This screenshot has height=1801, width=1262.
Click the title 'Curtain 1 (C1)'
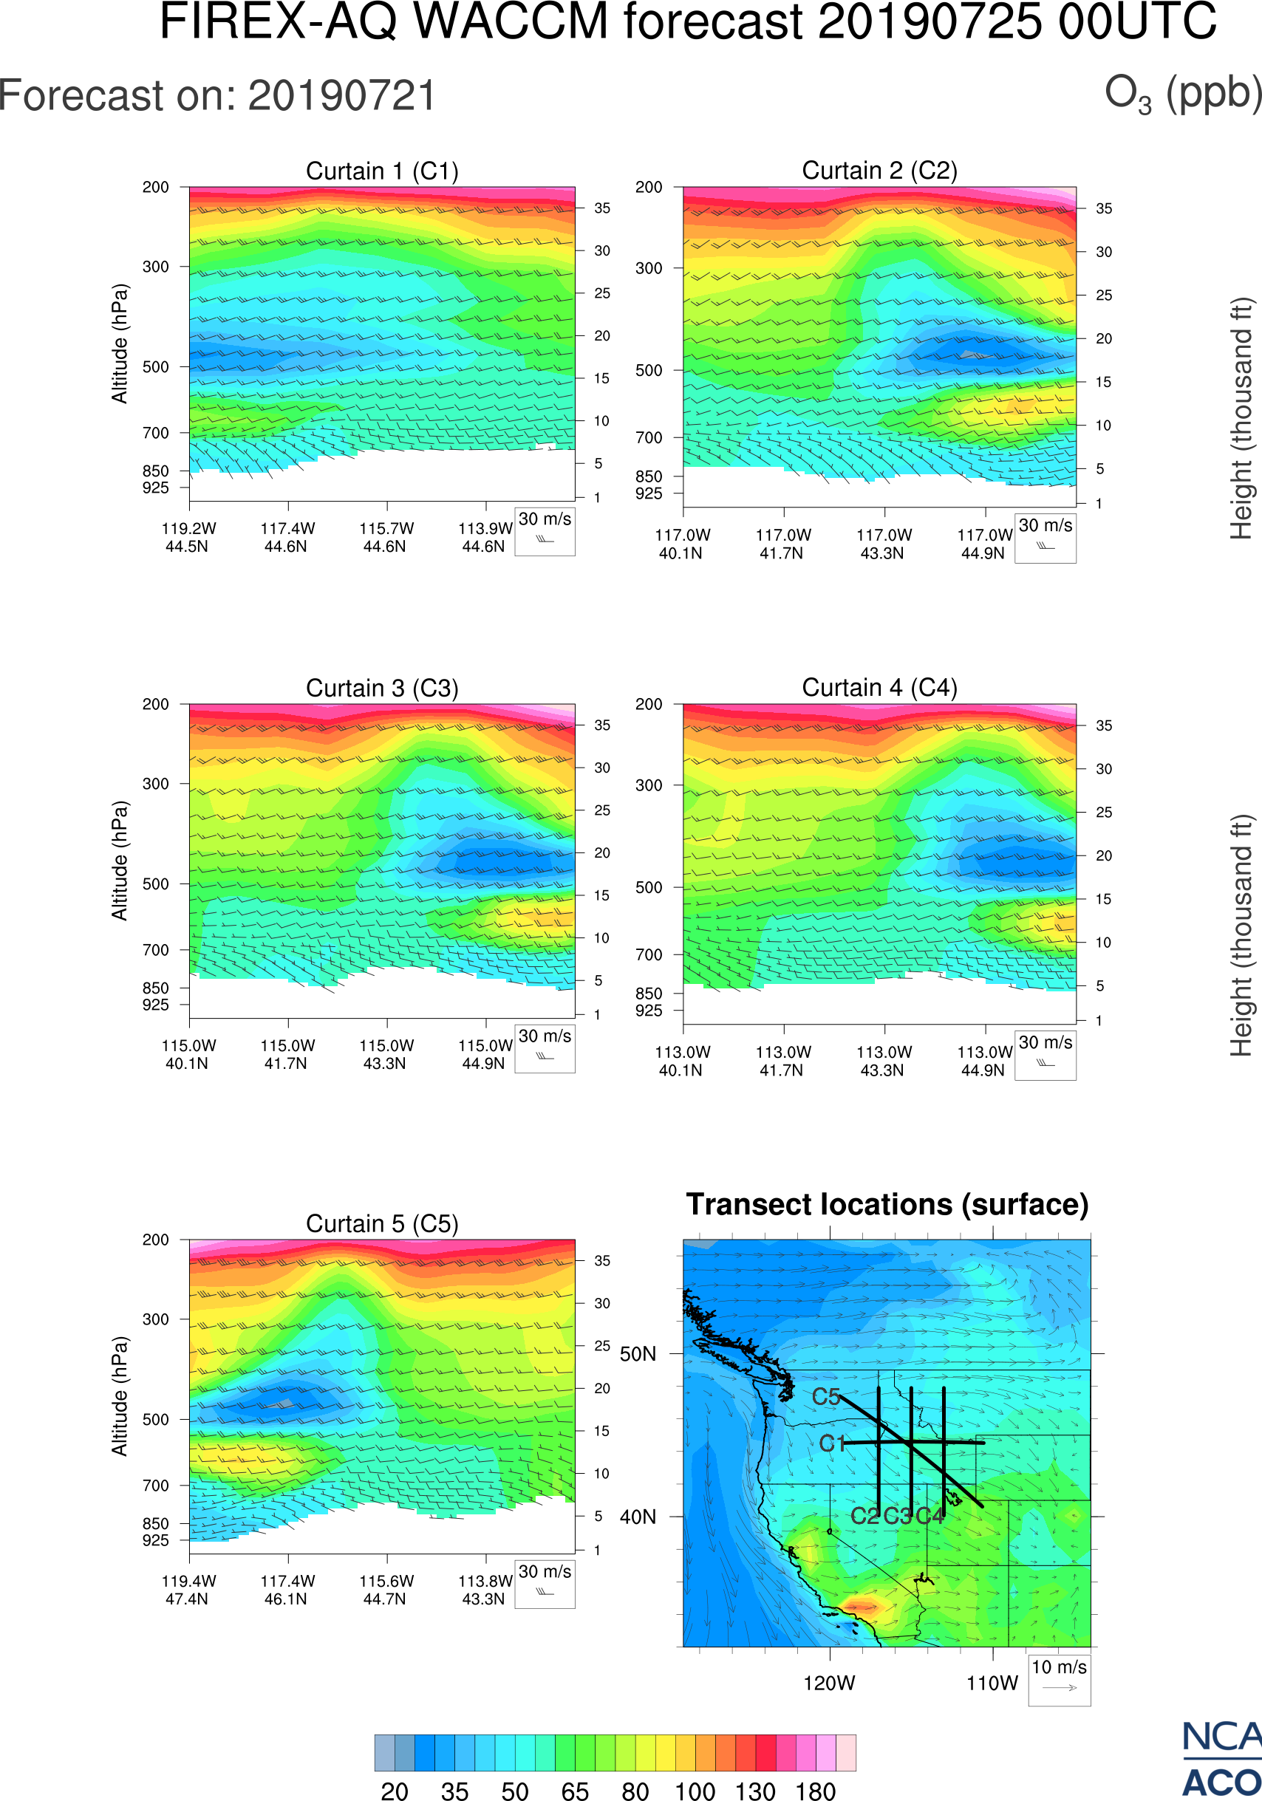coord(382,171)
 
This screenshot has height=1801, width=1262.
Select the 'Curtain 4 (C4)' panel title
coord(879,688)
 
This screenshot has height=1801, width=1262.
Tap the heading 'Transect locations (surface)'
coord(887,1204)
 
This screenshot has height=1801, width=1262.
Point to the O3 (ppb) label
coord(1183,94)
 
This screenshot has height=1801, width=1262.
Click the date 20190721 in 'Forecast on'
coord(342,97)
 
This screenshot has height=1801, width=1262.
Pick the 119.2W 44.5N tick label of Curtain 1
coord(188,537)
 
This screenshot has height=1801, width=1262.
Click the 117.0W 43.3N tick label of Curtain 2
coord(884,544)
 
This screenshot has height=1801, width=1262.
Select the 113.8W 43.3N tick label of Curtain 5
coord(485,1590)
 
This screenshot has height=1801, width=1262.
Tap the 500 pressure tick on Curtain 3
coord(155,884)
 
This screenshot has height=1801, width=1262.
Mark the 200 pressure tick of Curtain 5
coord(155,1240)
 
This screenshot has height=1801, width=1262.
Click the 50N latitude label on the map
coord(638,1355)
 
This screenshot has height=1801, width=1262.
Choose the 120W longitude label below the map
coord(829,1684)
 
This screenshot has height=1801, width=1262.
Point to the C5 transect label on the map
coord(826,1397)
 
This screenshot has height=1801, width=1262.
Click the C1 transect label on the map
coord(832,1443)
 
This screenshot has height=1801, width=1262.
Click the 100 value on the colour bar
coord(695,1789)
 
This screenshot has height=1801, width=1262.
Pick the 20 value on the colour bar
coord(395,1789)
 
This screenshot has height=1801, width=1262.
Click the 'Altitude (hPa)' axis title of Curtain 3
coord(119,861)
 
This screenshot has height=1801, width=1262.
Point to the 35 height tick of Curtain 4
coord(1104,725)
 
